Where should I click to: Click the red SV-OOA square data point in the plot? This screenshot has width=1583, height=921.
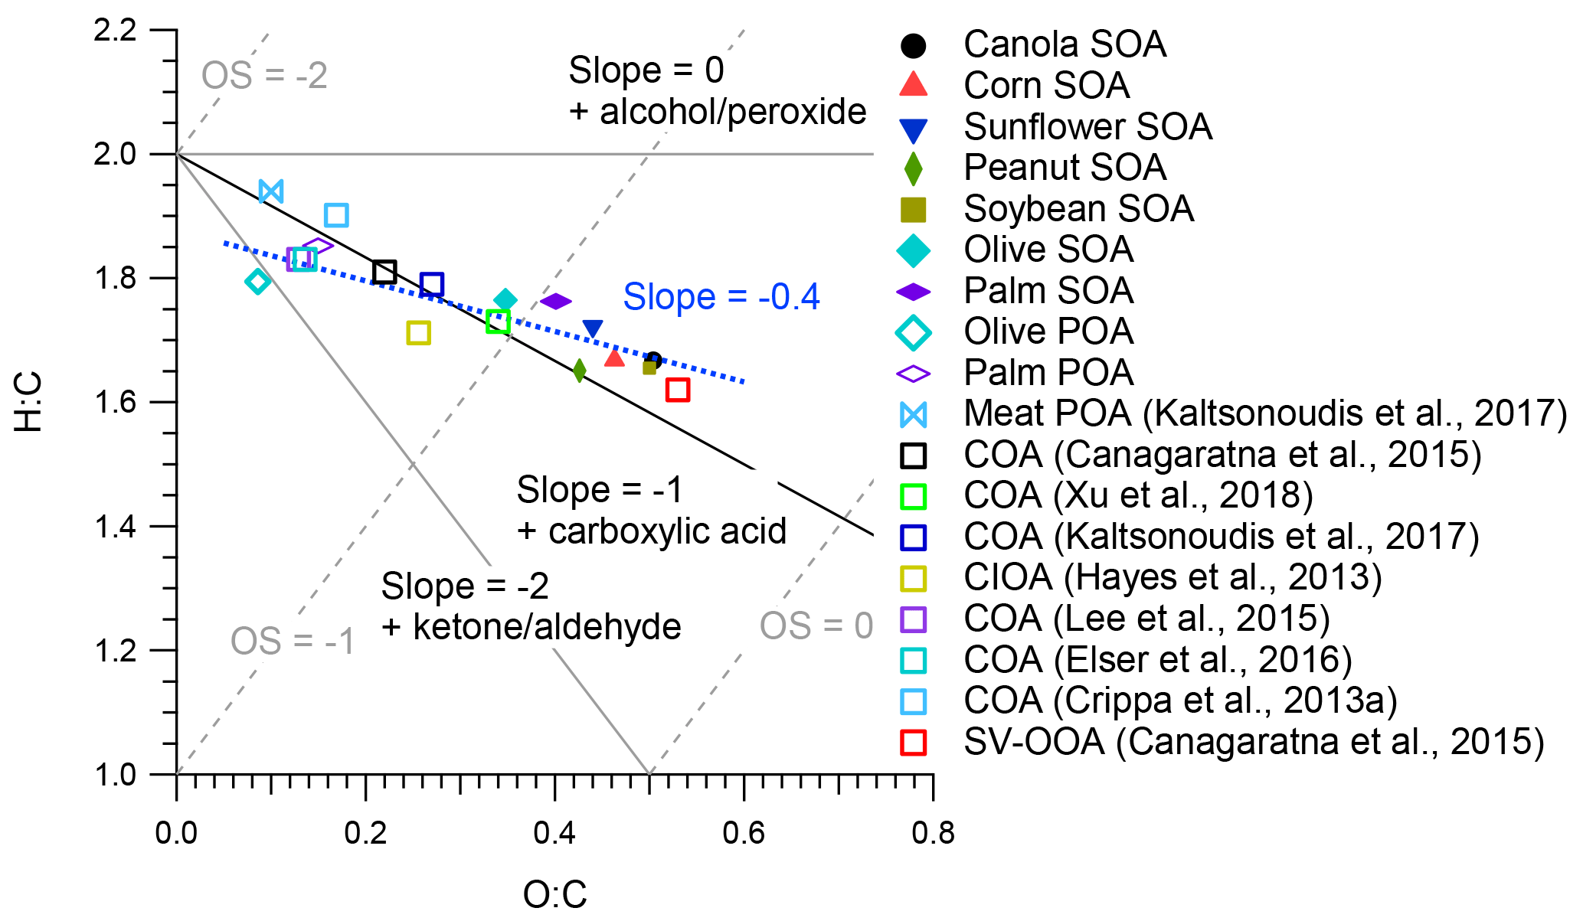click(x=678, y=390)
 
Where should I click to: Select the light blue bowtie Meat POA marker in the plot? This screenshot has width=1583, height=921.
click(x=271, y=191)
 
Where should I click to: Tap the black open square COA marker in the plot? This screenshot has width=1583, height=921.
click(x=384, y=272)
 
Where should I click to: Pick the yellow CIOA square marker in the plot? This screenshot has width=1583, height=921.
click(x=418, y=333)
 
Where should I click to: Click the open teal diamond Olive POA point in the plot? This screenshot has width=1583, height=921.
click(x=257, y=282)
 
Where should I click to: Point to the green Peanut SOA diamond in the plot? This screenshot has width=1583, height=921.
click(x=579, y=371)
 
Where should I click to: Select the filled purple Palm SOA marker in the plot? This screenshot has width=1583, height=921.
click(x=556, y=302)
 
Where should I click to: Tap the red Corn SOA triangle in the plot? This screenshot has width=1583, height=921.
click(x=614, y=358)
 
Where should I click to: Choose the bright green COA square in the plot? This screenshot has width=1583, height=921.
click(x=498, y=322)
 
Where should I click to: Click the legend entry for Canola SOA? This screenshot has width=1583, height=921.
click(x=1065, y=44)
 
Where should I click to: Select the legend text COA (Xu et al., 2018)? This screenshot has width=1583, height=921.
click(x=1138, y=495)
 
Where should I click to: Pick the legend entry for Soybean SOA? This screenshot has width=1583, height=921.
click(x=1078, y=209)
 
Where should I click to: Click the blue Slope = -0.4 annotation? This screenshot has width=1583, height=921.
click(x=721, y=297)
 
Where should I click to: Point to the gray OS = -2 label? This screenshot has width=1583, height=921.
click(x=264, y=76)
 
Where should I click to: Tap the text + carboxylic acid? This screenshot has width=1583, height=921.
click(x=652, y=531)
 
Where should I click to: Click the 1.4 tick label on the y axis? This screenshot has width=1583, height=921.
click(x=115, y=527)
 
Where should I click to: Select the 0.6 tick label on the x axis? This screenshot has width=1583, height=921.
click(x=744, y=833)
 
